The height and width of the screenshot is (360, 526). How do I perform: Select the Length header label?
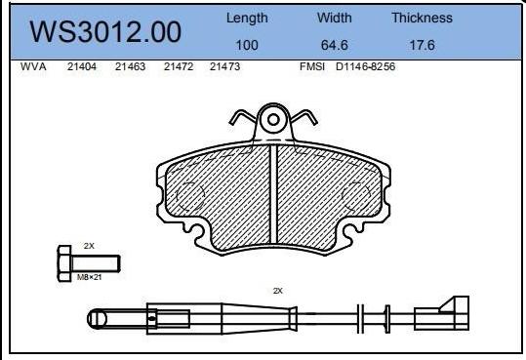click(247, 18)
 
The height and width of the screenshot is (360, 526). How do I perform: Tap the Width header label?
click(335, 18)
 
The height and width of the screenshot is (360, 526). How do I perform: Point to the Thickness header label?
click(422, 18)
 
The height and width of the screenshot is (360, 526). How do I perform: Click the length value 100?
click(247, 44)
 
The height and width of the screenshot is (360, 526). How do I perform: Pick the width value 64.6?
click(335, 44)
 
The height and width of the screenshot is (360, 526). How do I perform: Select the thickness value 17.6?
click(422, 44)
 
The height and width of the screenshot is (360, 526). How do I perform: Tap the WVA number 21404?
click(80, 68)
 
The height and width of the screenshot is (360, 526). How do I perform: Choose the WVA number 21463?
click(129, 68)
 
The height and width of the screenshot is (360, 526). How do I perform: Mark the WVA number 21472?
click(178, 68)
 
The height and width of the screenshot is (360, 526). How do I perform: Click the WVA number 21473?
click(225, 68)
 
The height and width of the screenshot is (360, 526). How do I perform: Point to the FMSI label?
click(312, 68)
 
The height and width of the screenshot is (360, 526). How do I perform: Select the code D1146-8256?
click(365, 68)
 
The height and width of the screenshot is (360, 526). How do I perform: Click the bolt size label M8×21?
click(90, 277)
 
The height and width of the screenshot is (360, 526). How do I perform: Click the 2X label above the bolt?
click(89, 246)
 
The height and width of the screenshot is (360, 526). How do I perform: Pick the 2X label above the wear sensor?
click(277, 291)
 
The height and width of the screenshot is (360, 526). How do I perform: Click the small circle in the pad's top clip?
click(274, 120)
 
